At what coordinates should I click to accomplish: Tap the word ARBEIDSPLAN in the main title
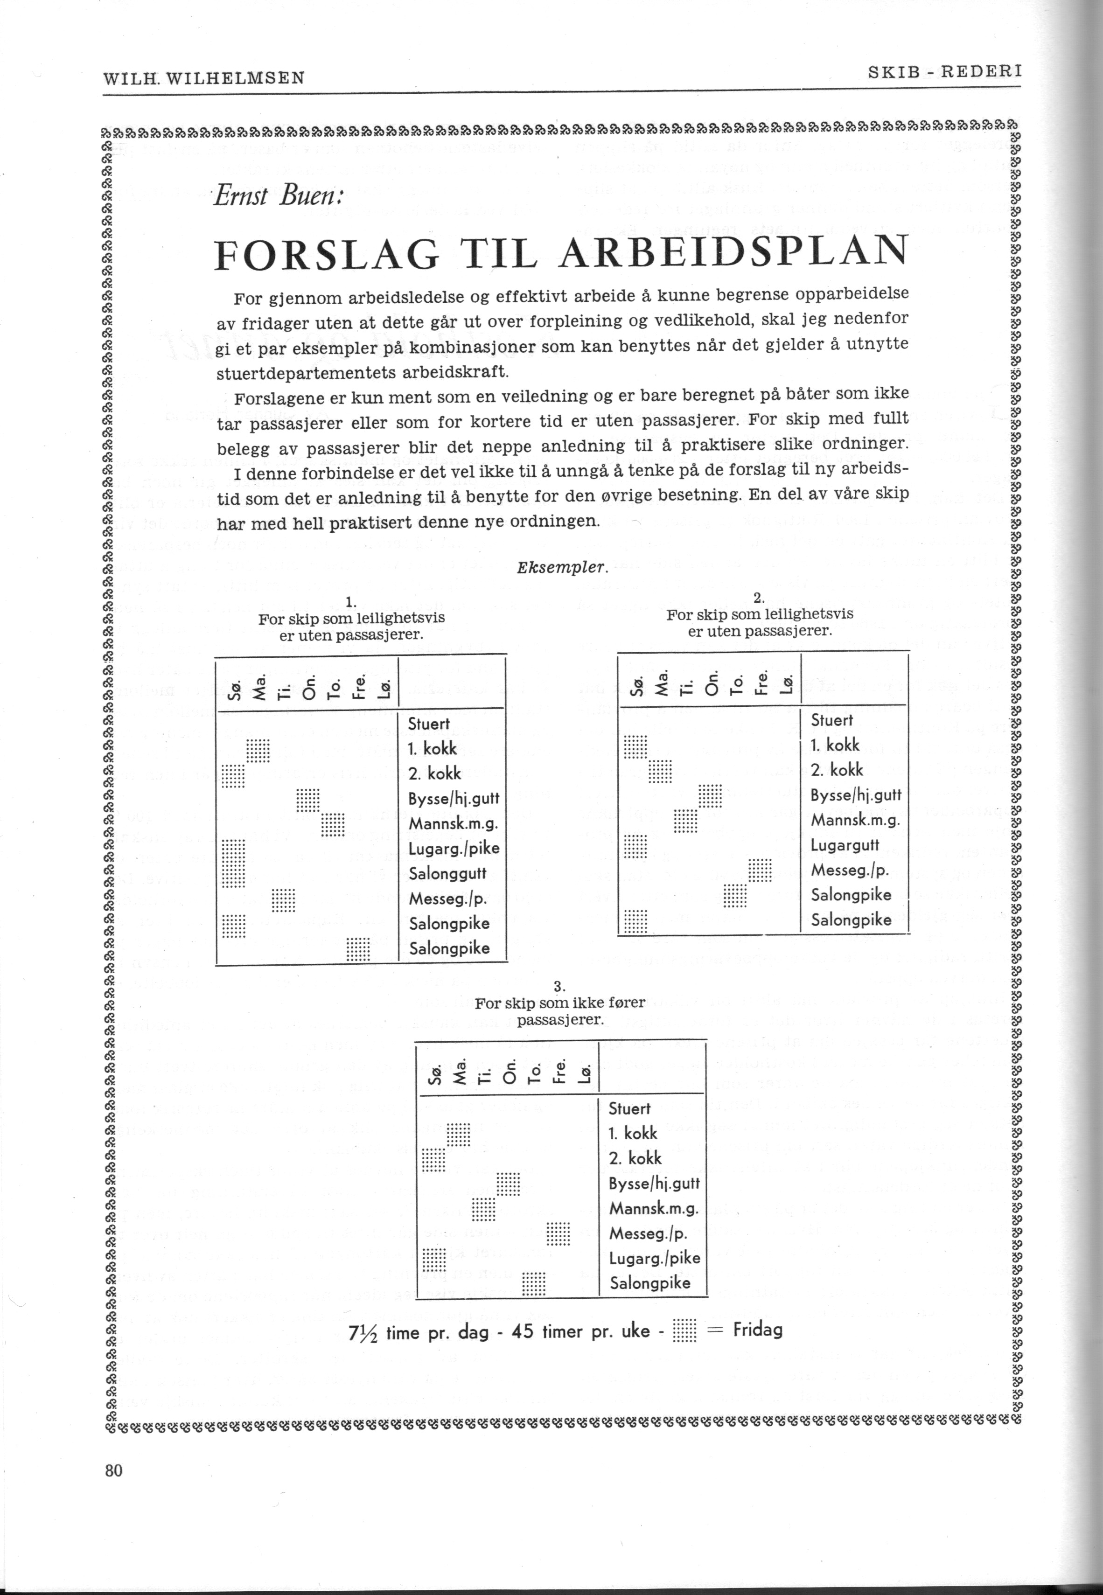[732, 254]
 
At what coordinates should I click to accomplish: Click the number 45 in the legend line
[523, 1330]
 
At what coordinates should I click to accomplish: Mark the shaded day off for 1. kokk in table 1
[258, 749]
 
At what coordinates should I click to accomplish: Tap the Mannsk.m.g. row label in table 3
[654, 1209]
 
